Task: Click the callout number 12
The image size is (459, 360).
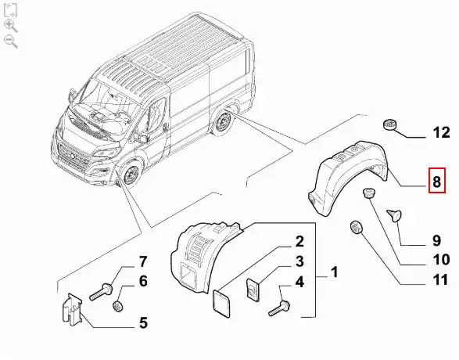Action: [x=442, y=132]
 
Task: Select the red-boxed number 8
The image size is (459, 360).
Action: [x=437, y=181]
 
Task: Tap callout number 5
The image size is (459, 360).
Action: [x=143, y=322]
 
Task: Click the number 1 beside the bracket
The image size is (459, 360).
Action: [x=335, y=272]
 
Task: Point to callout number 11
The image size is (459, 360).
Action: [x=440, y=279]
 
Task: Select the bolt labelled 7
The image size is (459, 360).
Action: [x=101, y=292]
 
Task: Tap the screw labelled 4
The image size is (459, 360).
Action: [x=279, y=309]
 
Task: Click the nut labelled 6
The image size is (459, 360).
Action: [x=117, y=306]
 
